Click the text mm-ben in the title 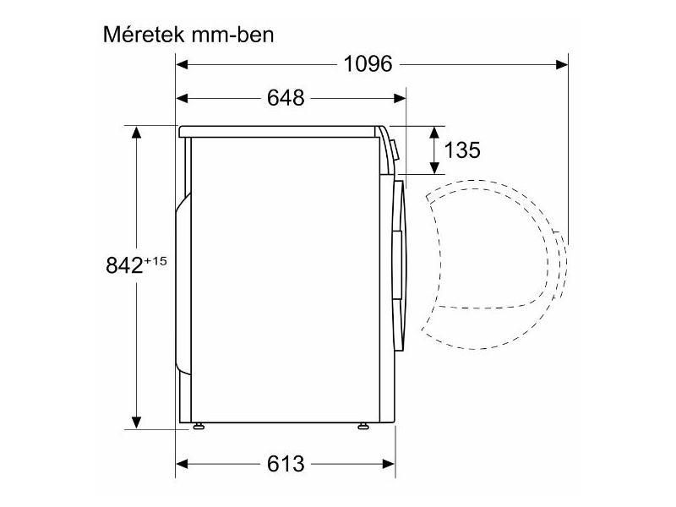[x=232, y=35]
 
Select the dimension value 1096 [x=368, y=63]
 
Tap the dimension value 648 [x=286, y=98]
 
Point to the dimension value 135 [x=462, y=150]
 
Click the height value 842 [x=123, y=265]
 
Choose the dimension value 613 [x=286, y=464]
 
